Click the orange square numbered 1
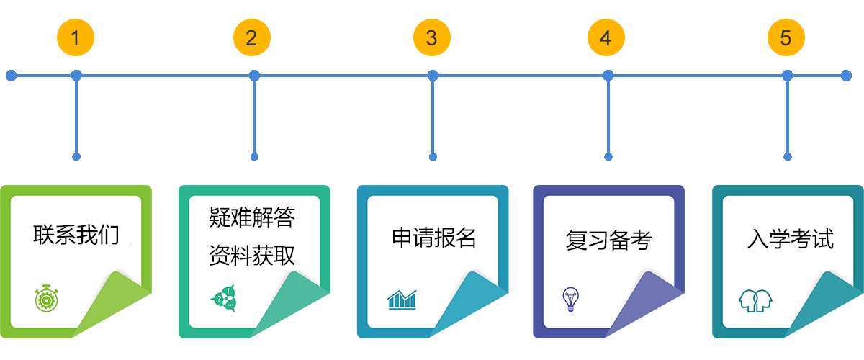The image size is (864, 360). (75, 37)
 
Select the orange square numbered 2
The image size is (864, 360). (251, 37)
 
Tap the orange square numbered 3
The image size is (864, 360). (431, 37)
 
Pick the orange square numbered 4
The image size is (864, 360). (606, 37)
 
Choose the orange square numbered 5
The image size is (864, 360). (786, 37)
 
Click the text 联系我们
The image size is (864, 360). (76, 235)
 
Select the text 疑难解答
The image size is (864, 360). (252, 217)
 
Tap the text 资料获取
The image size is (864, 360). (252, 255)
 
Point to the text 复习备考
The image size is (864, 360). (608, 240)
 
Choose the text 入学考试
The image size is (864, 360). (791, 239)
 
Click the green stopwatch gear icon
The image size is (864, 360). (45, 297)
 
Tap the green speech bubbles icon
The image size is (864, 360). (223, 299)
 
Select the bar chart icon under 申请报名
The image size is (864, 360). (402, 299)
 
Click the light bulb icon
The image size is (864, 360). (571, 299)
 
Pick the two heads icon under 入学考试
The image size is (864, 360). (755, 300)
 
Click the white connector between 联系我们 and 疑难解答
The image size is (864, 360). (165, 240)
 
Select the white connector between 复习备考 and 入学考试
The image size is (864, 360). (698, 238)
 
